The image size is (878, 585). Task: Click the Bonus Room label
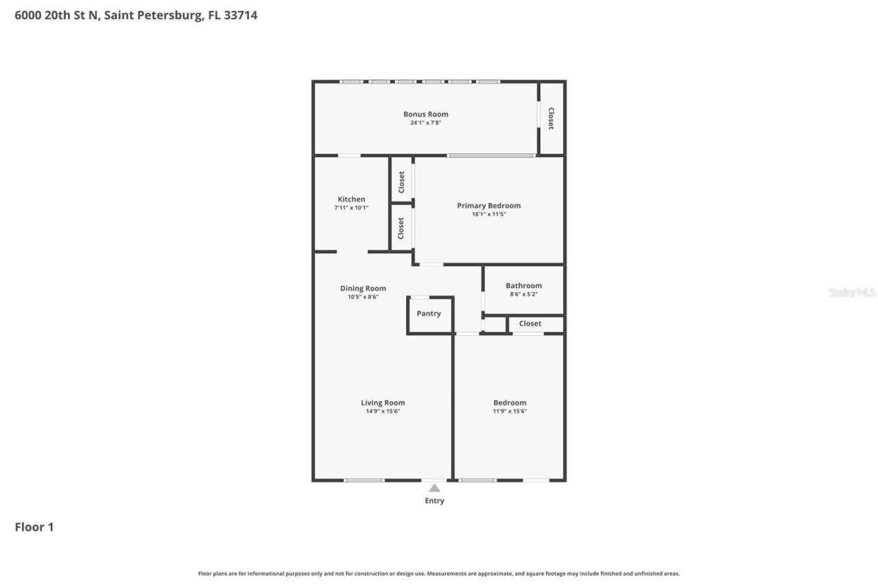425,115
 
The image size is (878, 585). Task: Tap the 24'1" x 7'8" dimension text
425,123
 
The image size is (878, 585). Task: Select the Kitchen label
351,200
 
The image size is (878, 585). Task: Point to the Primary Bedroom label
488,206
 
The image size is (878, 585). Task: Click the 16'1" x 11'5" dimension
488,215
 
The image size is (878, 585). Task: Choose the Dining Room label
363,289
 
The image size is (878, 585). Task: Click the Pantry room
429,314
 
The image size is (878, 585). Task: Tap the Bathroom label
523,286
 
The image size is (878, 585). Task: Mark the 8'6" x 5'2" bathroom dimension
523,294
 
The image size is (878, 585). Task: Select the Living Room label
383,403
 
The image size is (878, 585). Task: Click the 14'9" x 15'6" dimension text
383,411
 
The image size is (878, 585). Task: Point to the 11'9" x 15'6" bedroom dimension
510,411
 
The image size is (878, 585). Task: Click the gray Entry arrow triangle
434,488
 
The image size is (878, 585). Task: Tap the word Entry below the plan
434,501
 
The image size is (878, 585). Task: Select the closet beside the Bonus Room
551,118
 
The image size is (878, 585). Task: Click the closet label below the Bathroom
530,324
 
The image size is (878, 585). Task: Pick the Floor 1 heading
34,527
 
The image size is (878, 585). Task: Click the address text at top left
136,15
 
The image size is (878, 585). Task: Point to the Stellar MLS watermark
852,292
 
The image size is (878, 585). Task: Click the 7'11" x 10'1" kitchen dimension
351,208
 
